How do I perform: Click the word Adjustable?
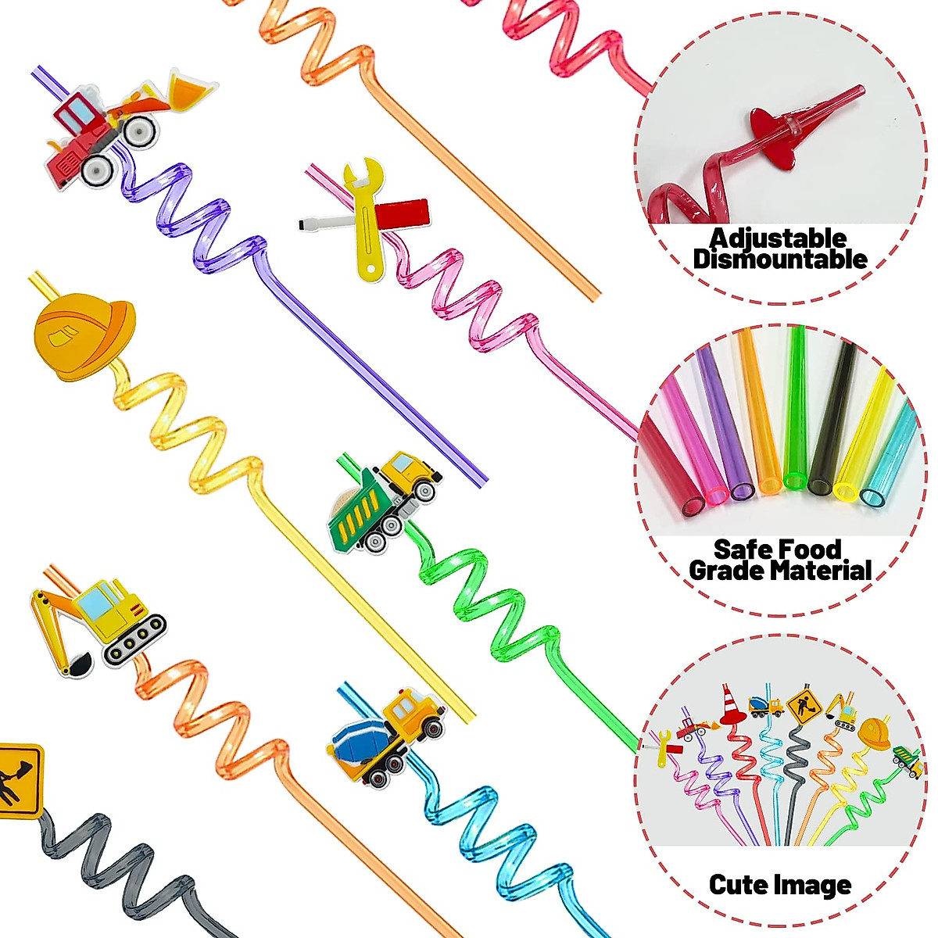[x=778, y=238]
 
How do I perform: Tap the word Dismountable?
[x=780, y=260]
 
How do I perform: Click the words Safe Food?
[x=777, y=550]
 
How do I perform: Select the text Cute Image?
[x=779, y=885]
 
